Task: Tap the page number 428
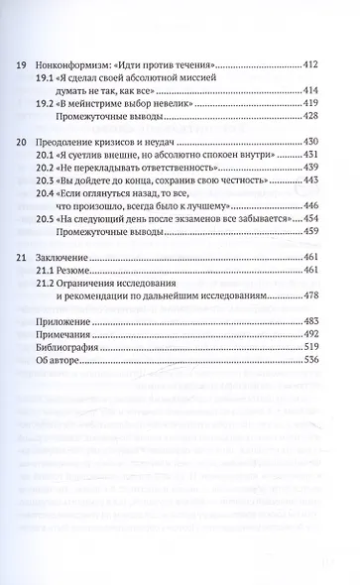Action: tap(315, 130)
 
